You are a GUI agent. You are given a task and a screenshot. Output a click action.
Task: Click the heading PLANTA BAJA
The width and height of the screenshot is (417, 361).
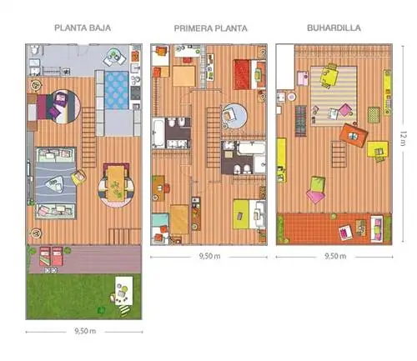tap(83, 28)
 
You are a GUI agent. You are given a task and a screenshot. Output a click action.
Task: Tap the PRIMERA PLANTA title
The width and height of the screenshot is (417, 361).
tap(210, 28)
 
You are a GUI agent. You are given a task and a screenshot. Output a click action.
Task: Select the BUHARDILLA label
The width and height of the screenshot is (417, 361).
tap(334, 28)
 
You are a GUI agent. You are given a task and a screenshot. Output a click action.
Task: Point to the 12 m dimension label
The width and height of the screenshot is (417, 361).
tap(403, 138)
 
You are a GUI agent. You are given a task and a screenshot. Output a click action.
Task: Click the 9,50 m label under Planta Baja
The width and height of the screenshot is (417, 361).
tap(85, 331)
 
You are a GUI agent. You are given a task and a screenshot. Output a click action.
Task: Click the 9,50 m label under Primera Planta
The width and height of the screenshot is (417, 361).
tap(209, 256)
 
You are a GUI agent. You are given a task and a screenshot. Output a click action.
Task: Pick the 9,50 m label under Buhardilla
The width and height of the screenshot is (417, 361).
tap(335, 256)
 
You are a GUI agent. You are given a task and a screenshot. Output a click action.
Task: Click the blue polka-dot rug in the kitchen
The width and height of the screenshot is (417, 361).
tap(117, 90)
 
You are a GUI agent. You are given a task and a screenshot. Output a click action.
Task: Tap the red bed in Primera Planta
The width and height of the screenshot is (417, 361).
tap(242, 74)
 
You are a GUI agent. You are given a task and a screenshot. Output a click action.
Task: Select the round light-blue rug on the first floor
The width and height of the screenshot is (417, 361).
tap(234, 116)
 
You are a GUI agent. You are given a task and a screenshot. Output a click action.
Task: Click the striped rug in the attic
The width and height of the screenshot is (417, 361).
tap(334, 96)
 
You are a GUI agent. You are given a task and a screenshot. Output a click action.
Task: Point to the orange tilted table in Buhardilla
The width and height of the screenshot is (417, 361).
tap(354, 135)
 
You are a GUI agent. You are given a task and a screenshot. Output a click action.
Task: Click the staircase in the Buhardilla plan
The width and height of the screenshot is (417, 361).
tap(339, 154)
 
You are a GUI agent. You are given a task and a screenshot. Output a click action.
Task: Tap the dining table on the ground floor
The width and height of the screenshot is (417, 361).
tap(117, 183)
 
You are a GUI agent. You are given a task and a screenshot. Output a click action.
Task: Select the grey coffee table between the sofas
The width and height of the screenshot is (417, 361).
tap(55, 183)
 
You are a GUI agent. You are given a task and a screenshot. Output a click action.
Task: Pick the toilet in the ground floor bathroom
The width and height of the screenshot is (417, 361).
tap(34, 49)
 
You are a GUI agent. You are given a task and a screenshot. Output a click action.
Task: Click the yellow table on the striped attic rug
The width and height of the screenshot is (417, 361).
tap(329, 76)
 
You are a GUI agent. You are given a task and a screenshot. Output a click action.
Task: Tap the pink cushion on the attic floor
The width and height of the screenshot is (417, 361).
tap(315, 196)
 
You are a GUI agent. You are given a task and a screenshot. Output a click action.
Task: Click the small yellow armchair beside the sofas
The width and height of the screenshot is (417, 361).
tap(78, 178)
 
